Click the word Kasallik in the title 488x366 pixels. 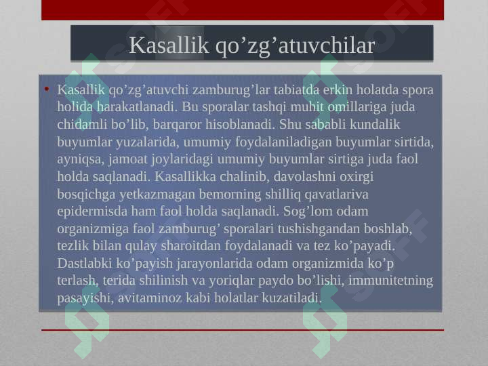coord(168,45)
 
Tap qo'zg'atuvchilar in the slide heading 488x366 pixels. coord(295,46)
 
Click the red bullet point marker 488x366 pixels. coord(47,89)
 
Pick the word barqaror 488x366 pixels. coord(177,125)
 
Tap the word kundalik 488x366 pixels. coord(375,124)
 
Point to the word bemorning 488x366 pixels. coord(230,195)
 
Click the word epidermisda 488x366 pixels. coord(91,211)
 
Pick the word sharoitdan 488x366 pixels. coord(190,246)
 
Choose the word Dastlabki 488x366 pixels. coord(84,263)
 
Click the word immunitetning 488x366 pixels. coord(390,281)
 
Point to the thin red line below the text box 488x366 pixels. coord(243,330)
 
